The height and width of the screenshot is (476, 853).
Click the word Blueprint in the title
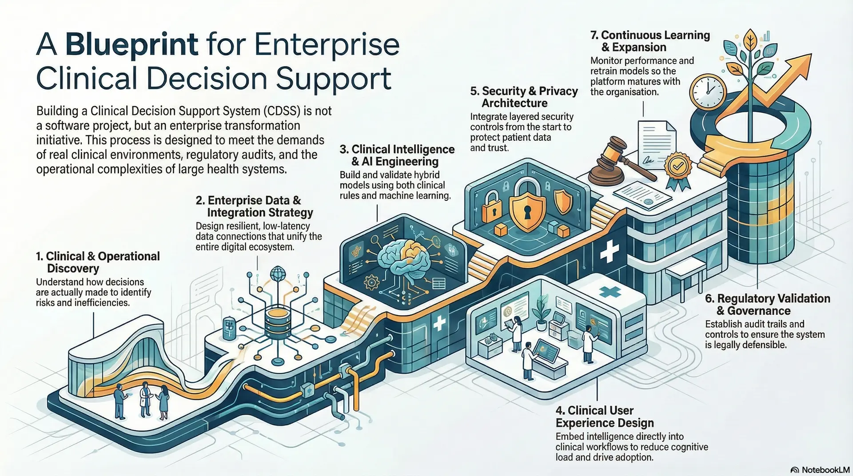pos(132,44)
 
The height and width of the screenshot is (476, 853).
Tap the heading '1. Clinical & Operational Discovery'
pos(98,262)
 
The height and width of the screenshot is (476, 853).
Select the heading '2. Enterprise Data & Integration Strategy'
pos(254,206)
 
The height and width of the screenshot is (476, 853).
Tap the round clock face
pos(707,92)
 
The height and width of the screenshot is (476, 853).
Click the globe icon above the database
pos(278,273)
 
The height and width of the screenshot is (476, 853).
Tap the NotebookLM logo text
pos(825,470)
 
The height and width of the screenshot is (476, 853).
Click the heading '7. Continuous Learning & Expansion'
pos(650,41)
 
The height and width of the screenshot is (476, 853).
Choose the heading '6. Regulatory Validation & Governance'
pos(767,305)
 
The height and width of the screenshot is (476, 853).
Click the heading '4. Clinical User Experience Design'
pos(604,416)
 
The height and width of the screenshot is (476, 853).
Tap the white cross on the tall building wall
pos(609,252)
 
